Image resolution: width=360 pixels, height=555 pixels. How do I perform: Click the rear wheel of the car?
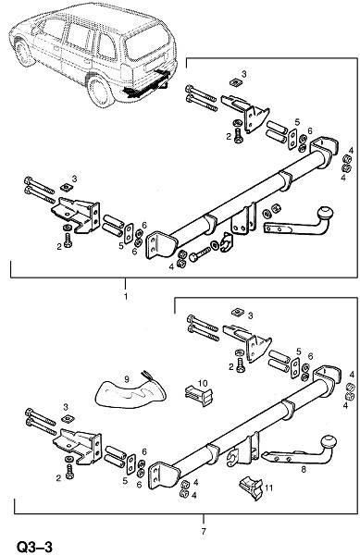(101, 92)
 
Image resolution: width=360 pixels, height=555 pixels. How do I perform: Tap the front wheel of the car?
(25, 53)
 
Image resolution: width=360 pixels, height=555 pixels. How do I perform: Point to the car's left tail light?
(126, 72)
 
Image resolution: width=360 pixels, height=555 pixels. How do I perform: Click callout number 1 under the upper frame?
(125, 296)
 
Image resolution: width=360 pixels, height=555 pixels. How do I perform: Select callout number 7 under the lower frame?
(204, 531)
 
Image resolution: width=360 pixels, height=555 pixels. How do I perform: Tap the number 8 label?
(304, 470)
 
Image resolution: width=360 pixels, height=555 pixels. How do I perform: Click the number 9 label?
(127, 379)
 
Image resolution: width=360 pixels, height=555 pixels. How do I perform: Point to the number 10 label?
(203, 383)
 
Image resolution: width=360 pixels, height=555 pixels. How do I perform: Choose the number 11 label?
(269, 488)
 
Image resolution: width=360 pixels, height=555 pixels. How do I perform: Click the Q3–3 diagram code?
(34, 547)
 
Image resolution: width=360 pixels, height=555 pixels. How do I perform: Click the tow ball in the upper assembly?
(326, 214)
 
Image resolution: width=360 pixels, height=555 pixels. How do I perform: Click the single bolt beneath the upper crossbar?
(200, 254)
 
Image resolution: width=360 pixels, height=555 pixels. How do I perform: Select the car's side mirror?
(35, 31)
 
